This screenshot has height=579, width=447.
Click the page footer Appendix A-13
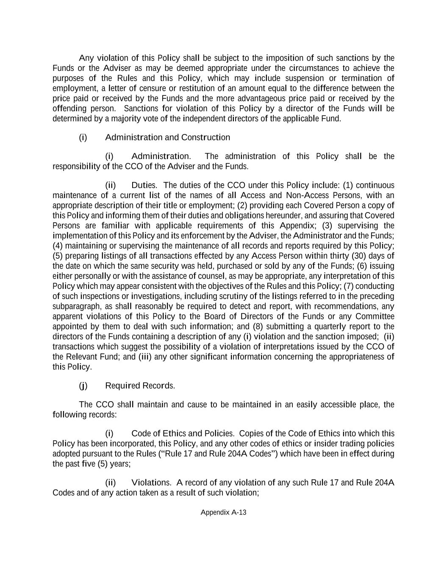click(223, 512)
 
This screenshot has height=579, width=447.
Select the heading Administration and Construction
click(167, 137)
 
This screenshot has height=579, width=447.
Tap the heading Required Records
click(140, 386)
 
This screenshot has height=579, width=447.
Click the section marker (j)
click(83, 386)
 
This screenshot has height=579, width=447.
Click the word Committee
click(375, 316)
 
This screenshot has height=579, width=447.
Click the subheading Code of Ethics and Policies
click(183, 434)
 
